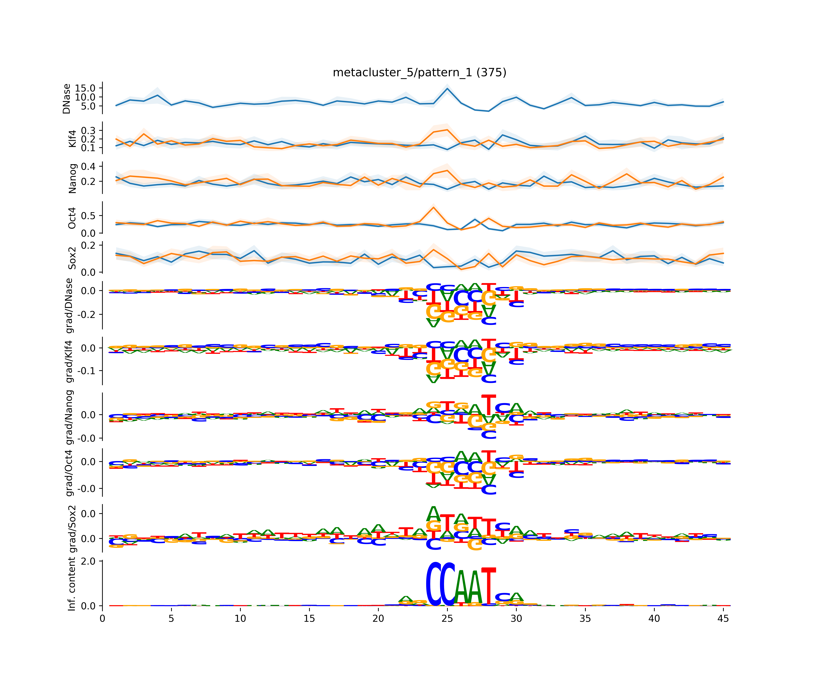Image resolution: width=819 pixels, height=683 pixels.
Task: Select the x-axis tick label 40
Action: pyautogui.click(x=654, y=619)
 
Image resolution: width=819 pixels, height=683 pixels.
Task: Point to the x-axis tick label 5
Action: pyautogui.click(x=171, y=619)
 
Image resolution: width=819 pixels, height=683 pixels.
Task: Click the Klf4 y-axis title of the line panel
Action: pyautogui.click(x=73, y=139)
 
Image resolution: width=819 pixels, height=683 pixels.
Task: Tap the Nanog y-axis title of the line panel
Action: pyautogui.click(x=73, y=178)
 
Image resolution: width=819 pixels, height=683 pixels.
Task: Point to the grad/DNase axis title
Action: pyautogui.click(x=69, y=306)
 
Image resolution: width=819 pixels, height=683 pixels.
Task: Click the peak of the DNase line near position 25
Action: pyautogui.click(x=447, y=89)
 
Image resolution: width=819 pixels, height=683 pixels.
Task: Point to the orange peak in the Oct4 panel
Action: pyautogui.click(x=433, y=207)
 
